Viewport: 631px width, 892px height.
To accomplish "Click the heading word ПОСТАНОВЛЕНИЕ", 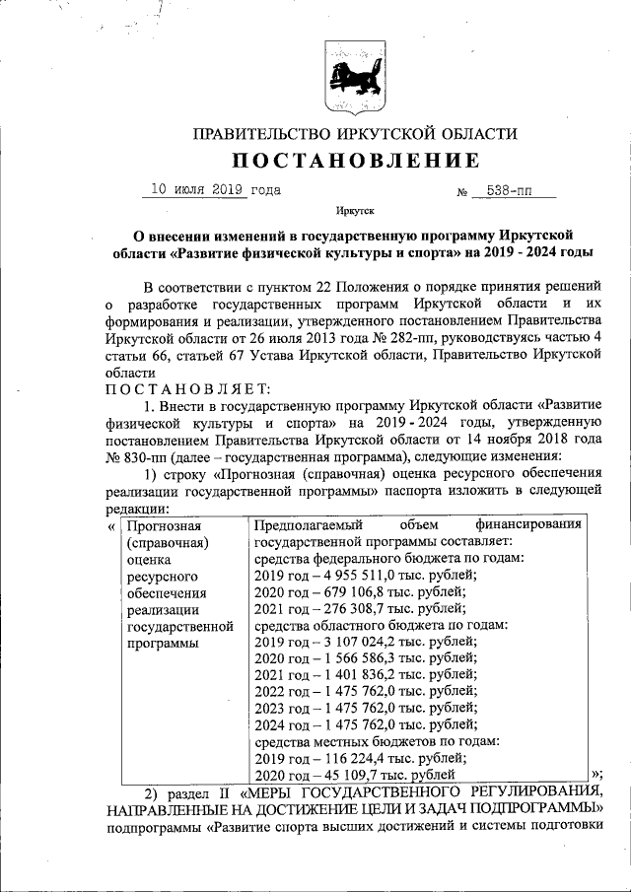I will coord(356,161).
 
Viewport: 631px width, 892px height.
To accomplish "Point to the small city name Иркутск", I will coord(355,211).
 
